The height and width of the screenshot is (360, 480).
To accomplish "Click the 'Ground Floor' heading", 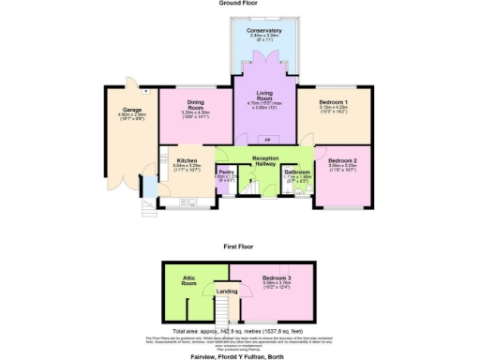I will [x=240, y=4].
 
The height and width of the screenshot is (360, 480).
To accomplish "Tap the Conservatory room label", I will [x=265, y=30].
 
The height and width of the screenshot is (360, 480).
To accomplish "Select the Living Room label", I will [x=265, y=95].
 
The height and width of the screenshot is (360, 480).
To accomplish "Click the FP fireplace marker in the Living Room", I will [x=265, y=139].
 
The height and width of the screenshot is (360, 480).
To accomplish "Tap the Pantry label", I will [x=225, y=172].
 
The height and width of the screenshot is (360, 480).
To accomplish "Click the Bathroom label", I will [x=298, y=172].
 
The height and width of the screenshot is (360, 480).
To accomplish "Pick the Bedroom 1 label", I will [x=334, y=100].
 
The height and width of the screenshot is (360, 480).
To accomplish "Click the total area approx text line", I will [x=240, y=331].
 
